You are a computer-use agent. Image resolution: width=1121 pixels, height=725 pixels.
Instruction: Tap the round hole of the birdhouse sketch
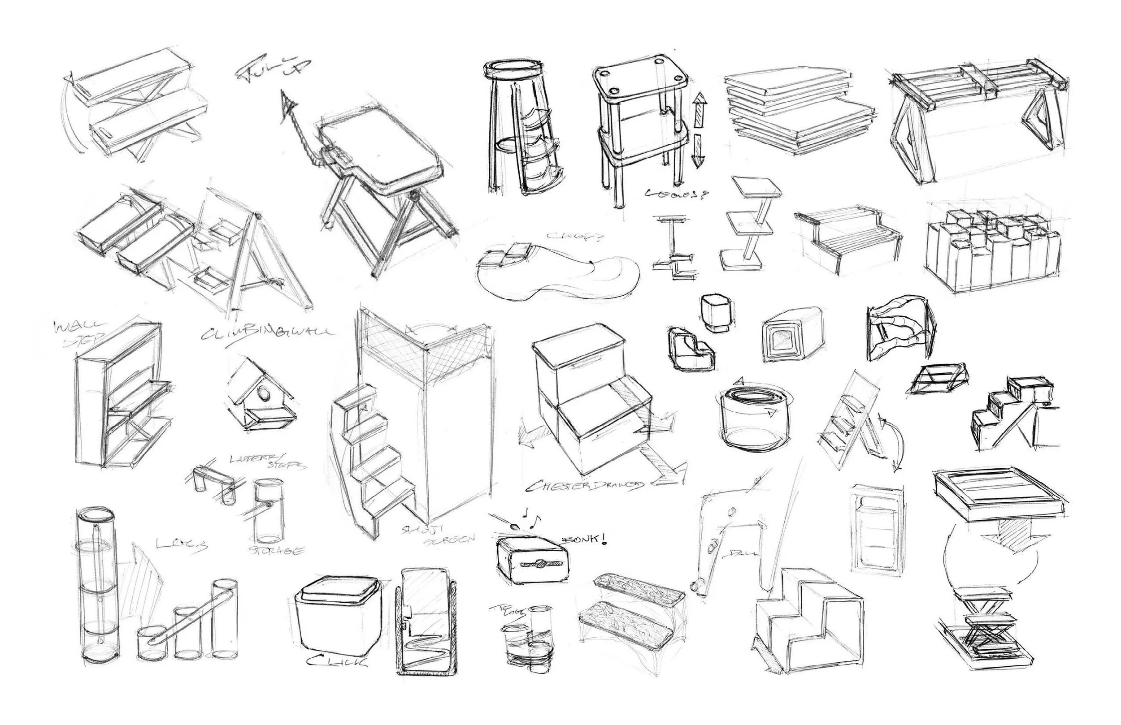[x=265, y=392]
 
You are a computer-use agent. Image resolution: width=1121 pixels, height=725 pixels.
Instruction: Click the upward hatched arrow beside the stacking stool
[x=700, y=108]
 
